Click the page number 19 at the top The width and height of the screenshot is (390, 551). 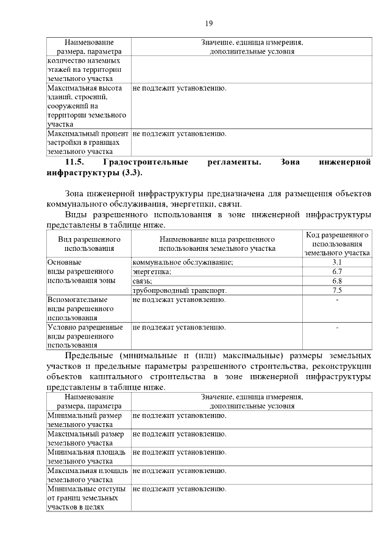point(208,23)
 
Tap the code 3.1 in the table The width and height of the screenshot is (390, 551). point(337,261)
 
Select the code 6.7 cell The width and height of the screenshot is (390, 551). point(337,271)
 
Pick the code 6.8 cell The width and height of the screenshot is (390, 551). point(337,281)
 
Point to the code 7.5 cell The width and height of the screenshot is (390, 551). point(337,290)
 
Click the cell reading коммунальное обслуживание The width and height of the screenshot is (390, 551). point(183,261)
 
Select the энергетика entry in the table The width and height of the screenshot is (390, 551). point(152,271)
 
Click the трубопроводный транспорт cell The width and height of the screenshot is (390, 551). point(179,290)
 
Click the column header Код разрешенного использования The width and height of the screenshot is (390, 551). point(337,243)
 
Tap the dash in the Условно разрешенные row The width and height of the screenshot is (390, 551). point(337,328)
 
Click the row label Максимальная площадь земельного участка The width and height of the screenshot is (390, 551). point(87,475)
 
